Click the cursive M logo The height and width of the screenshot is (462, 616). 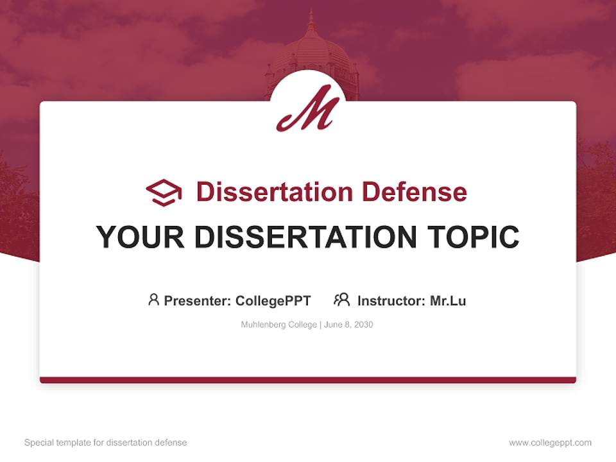[x=307, y=109]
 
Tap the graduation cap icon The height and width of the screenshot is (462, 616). [x=164, y=193]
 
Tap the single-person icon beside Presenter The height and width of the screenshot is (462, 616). [x=153, y=300]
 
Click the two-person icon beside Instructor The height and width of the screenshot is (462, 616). [x=342, y=300]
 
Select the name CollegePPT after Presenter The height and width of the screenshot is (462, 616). [x=273, y=301]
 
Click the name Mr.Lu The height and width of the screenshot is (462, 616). [x=448, y=301]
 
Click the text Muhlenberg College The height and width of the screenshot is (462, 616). [x=278, y=325]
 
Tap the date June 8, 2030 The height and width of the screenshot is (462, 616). [x=348, y=325]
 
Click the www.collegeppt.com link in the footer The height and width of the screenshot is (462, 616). [x=550, y=443]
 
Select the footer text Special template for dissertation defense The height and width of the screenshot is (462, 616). [x=106, y=443]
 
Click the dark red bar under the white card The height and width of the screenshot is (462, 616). [x=308, y=380]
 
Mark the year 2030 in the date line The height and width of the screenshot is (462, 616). [x=363, y=325]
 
